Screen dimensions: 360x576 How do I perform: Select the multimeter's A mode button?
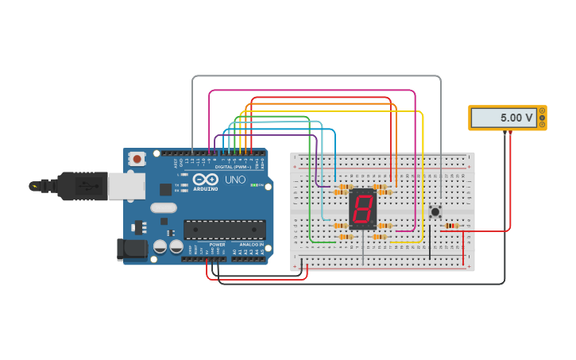point(542,110)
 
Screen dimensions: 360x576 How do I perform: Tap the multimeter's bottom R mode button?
point(542,125)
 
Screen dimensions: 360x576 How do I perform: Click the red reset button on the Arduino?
point(137,159)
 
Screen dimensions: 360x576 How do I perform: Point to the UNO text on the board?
point(235,180)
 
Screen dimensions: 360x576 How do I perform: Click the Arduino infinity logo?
point(205,180)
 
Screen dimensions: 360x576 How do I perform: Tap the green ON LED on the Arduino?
point(253,185)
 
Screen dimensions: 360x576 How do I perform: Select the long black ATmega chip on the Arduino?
point(225,230)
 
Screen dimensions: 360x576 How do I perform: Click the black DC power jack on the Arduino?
point(131,249)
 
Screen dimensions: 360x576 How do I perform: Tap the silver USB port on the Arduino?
point(126,185)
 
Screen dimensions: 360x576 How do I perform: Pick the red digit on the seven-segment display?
point(362,210)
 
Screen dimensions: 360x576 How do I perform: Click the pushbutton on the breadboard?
point(435,211)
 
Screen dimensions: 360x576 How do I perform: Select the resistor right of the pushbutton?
point(452,226)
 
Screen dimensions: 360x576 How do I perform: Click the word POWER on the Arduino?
point(217,245)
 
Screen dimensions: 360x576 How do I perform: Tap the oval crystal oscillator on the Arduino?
point(163,208)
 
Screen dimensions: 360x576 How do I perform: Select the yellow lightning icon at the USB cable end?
point(33,186)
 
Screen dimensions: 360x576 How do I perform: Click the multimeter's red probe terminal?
point(510,133)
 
